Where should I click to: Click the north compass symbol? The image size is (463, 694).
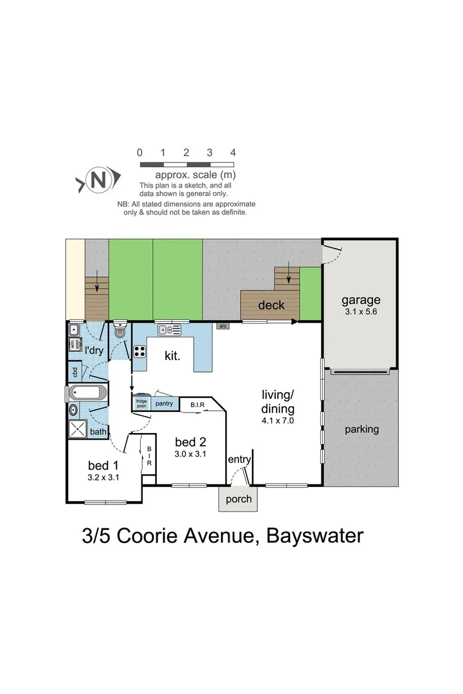click(x=98, y=180)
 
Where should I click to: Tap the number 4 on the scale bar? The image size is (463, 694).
click(x=233, y=153)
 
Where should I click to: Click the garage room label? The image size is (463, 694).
click(x=361, y=300)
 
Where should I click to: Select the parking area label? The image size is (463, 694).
click(x=361, y=429)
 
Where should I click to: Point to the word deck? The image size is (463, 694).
click(x=271, y=305)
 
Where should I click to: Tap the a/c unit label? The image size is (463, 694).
click(x=223, y=326)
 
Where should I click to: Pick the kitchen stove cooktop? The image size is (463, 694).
click(x=139, y=351)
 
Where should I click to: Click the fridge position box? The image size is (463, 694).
click(x=140, y=404)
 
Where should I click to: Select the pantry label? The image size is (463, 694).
click(x=163, y=403)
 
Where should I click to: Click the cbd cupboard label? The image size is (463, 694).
click(x=75, y=371)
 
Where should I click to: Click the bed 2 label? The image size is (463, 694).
click(x=191, y=441)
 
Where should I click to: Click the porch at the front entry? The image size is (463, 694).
click(x=237, y=499)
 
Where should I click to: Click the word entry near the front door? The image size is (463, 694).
click(x=239, y=459)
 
